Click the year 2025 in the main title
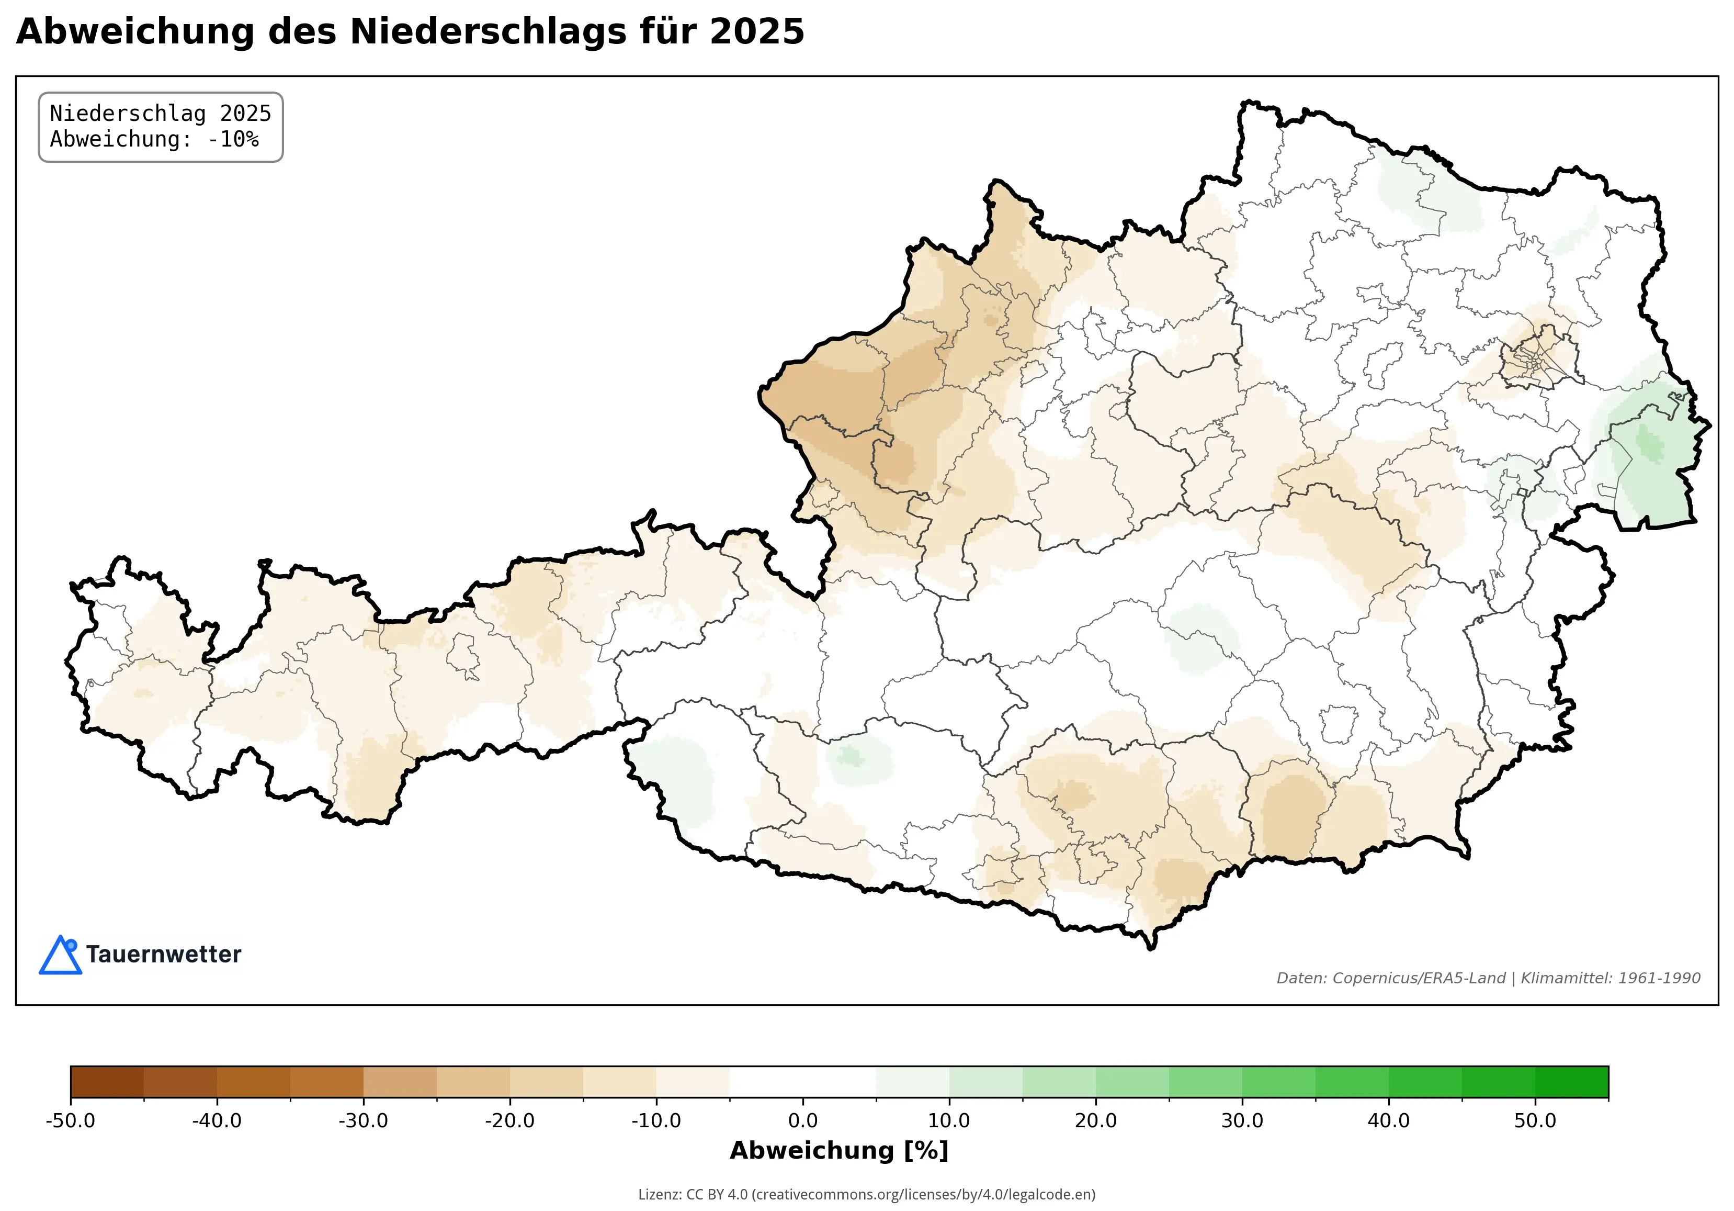[x=757, y=32]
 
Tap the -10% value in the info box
[x=233, y=139]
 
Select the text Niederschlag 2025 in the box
[x=160, y=114]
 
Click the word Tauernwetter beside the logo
[x=163, y=954]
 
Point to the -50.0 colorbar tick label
[x=70, y=1120]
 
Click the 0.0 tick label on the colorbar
[x=802, y=1120]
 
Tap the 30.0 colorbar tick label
[x=1242, y=1120]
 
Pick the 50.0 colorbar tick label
[x=1535, y=1120]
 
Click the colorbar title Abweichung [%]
[x=839, y=1151]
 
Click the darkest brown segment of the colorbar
[x=107, y=1082]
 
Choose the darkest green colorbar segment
[x=1572, y=1082]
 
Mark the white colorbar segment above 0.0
[x=802, y=1082]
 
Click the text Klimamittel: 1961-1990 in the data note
[x=1610, y=978]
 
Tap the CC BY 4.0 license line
[x=866, y=1194]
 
